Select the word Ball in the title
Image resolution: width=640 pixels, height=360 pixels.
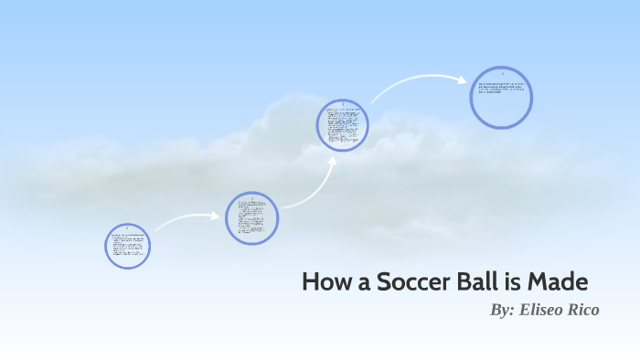tap(465, 281)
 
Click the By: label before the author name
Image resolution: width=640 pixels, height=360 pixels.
tap(503, 311)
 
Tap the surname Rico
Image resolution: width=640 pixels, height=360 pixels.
tap(584, 311)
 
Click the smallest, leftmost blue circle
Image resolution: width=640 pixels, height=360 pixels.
tap(127, 246)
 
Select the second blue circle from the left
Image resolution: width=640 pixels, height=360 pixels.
tap(251, 217)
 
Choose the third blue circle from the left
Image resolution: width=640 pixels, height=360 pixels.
tap(343, 125)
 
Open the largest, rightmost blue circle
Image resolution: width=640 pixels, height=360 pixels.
tap(501, 96)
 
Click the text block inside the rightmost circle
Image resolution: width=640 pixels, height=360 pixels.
tap(501, 90)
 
